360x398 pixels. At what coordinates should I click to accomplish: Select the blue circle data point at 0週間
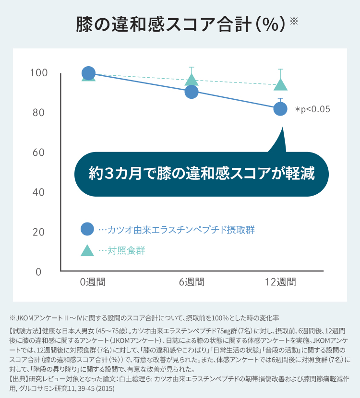click(x=88, y=73)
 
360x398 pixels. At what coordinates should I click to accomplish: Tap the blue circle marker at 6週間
click(x=192, y=92)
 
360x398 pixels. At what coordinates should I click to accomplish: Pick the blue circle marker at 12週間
click(x=280, y=109)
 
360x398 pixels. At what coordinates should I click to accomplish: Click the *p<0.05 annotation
click(x=312, y=109)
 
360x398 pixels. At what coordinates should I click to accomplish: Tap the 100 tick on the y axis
click(x=38, y=73)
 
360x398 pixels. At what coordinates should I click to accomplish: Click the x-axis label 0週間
click(x=93, y=282)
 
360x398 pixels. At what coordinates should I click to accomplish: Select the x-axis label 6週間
click(x=192, y=282)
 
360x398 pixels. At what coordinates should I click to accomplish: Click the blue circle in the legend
click(x=87, y=229)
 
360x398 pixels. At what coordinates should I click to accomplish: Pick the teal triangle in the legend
click(x=87, y=250)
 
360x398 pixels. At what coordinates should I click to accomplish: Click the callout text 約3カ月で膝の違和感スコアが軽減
click(x=202, y=173)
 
